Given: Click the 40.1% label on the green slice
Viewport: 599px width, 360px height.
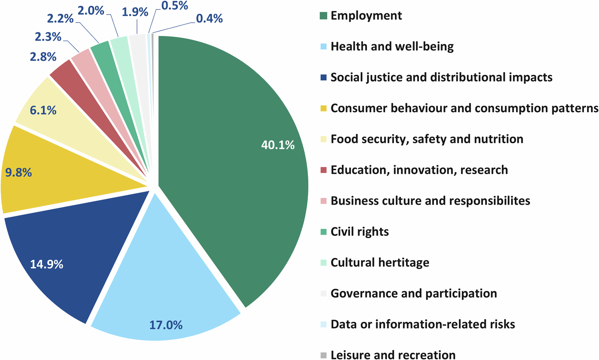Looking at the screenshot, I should tap(278, 145).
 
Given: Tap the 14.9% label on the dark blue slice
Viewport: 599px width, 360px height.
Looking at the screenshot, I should tap(47, 265).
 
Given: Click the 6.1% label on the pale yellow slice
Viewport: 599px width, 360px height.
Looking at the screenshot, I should tap(43, 110).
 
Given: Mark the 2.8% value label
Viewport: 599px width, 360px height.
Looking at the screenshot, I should tap(43, 57).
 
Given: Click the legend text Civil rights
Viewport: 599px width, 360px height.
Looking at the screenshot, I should tap(359, 231).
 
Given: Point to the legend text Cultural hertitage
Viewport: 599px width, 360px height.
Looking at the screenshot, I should tap(380, 262).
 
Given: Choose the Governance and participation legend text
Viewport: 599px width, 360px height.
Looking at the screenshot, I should tap(414, 293).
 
